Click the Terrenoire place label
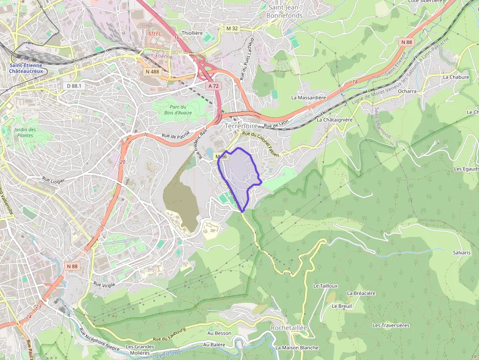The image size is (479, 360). [241, 126]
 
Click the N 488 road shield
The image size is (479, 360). [152, 72]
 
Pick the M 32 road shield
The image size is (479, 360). [232, 28]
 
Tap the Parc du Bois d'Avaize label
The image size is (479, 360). [178, 110]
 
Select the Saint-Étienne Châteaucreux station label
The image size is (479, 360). [26, 68]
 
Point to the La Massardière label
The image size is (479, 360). [308, 97]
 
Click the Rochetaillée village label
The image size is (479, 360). [288, 328]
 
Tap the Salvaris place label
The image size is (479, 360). [461, 253]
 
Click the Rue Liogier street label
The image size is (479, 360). [53, 180]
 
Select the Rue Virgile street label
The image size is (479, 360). [104, 284]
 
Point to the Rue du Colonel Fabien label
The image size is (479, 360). [261, 144]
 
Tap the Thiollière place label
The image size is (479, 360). [192, 33]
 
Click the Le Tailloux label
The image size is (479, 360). [326, 286]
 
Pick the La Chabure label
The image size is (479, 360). [456, 77]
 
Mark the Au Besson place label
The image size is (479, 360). [219, 333]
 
